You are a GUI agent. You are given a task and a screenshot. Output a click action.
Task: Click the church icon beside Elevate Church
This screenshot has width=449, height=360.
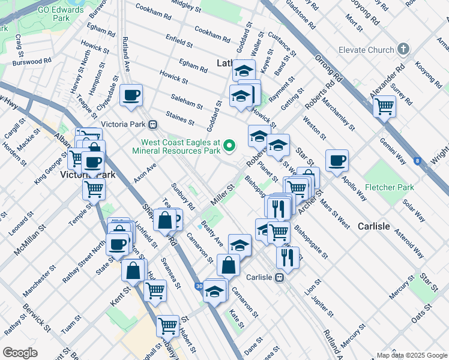[x=403, y=49]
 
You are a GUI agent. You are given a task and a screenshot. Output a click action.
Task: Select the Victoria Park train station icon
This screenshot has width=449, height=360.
[x=153, y=125]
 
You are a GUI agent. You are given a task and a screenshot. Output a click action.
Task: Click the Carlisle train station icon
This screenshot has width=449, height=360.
[x=279, y=278]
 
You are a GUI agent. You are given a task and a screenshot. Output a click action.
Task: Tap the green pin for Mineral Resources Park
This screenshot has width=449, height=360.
[x=229, y=145]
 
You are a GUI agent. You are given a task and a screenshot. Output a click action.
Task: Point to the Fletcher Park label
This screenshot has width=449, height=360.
[x=390, y=187]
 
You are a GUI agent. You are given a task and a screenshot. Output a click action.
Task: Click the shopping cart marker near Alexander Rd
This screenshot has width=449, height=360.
[x=384, y=107]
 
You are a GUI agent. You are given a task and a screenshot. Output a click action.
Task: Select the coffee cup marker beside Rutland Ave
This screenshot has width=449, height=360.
[x=131, y=95]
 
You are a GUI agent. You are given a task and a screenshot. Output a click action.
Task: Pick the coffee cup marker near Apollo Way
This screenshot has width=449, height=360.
[x=337, y=160]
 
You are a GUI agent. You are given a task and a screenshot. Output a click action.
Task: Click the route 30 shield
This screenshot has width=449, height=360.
[x=199, y=287]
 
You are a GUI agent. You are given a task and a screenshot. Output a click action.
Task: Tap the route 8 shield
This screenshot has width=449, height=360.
[x=417, y=160]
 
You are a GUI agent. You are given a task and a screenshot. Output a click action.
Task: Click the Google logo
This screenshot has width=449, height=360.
[x=20, y=353]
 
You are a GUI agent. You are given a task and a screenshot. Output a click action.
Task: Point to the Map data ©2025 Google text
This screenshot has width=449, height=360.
[x=411, y=355]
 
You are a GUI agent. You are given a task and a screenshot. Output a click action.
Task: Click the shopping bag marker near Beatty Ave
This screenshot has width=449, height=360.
[x=228, y=265]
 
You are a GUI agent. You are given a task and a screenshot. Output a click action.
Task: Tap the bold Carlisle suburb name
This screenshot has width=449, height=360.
[x=374, y=226]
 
